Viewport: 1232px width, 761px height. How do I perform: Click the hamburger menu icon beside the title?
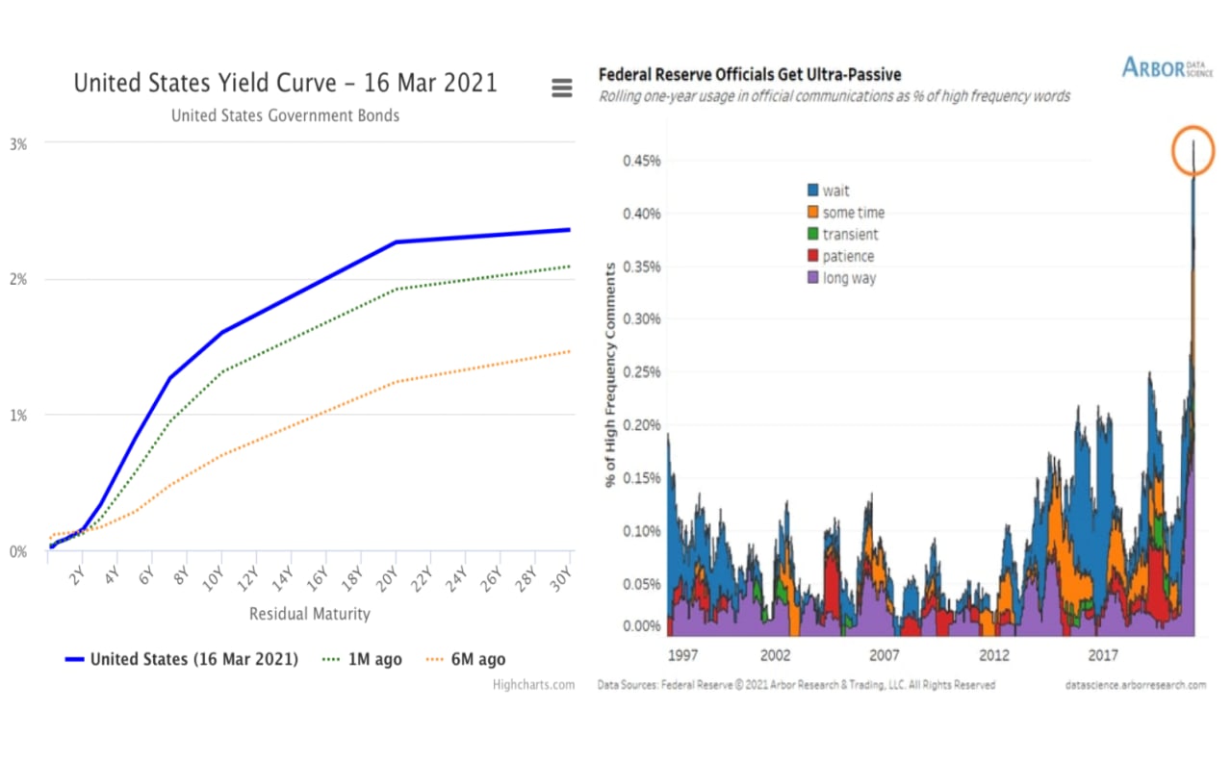pyautogui.click(x=562, y=89)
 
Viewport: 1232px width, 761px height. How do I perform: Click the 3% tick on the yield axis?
pyautogui.click(x=18, y=143)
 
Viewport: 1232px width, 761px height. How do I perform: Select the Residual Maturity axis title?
pyautogui.click(x=309, y=614)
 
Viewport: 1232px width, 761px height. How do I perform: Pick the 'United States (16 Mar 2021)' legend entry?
pyautogui.click(x=182, y=659)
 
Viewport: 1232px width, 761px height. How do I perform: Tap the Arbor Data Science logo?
pyautogui.click(x=1167, y=68)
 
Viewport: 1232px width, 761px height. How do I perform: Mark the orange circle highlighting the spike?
pyautogui.click(x=1193, y=150)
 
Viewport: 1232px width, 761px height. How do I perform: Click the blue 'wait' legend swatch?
pyautogui.click(x=812, y=190)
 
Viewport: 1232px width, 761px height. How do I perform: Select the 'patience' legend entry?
pyautogui.click(x=840, y=257)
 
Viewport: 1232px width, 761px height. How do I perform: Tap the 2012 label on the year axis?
pyautogui.click(x=994, y=655)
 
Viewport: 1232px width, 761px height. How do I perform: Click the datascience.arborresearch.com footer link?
pyautogui.click(x=1136, y=685)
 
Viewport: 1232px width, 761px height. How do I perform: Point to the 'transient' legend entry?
pyautogui.click(x=841, y=235)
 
